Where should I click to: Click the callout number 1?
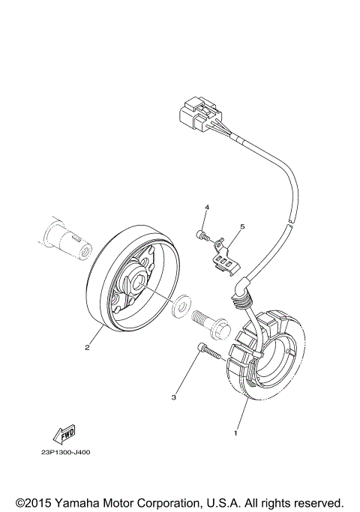tap(237, 433)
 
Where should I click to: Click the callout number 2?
tap(88, 347)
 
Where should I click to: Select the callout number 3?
tap(174, 397)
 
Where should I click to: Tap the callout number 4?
tap(208, 207)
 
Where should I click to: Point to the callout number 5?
tap(242, 226)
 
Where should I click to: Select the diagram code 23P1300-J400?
tap(67, 452)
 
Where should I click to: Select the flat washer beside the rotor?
tap(180, 307)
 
